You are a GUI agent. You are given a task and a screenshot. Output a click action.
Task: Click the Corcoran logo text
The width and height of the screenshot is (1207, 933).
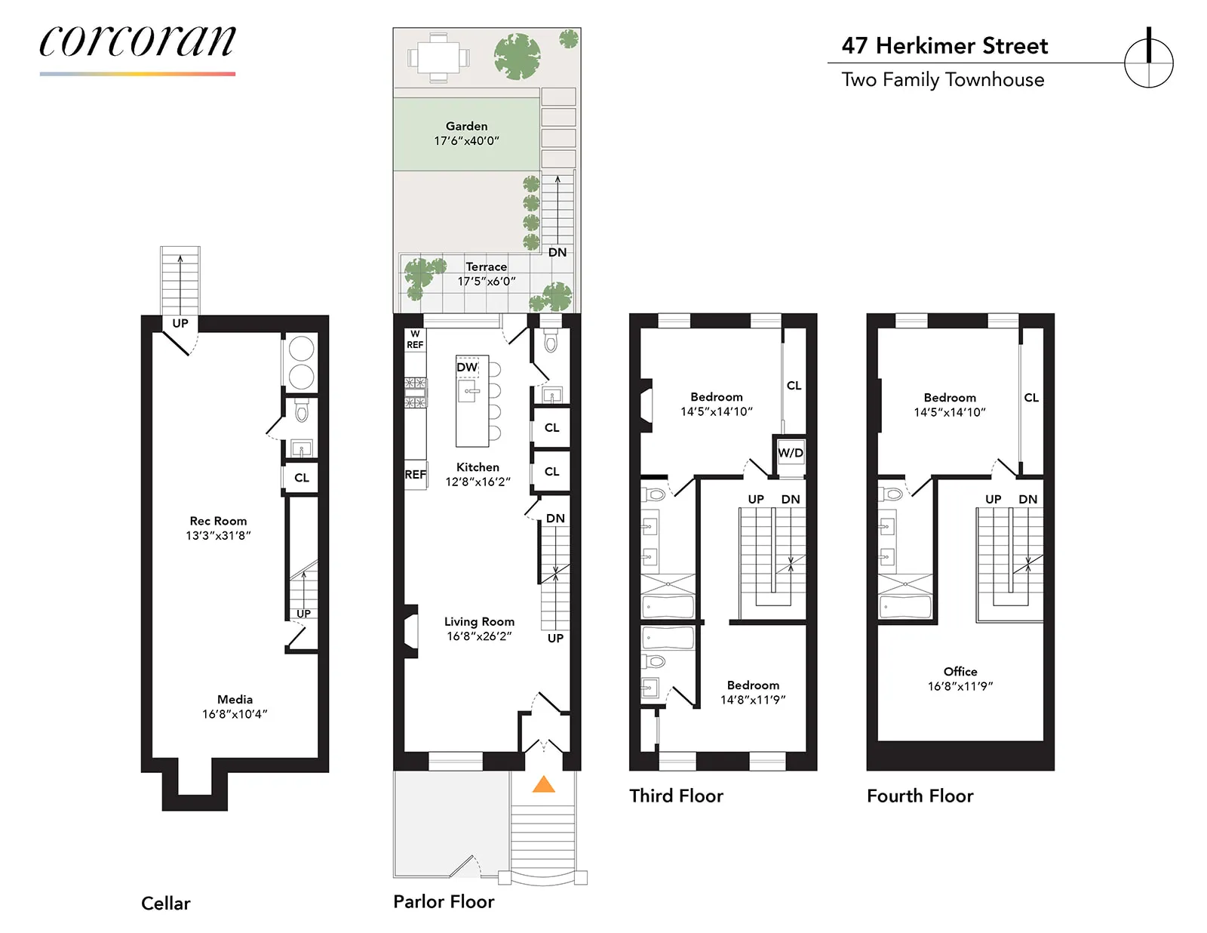[137, 42]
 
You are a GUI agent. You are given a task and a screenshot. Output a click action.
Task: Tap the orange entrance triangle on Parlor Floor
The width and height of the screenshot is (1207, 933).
[543, 785]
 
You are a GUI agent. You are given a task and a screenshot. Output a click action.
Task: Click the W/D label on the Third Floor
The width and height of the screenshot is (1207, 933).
[790, 453]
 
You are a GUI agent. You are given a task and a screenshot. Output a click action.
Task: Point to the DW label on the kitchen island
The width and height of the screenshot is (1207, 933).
[467, 368]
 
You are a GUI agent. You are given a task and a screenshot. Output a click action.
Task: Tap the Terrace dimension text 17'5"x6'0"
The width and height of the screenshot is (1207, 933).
[487, 282]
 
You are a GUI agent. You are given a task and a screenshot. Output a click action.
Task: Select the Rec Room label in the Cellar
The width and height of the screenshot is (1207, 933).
[218, 521]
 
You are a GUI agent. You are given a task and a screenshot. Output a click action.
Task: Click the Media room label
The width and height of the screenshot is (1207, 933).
[235, 700]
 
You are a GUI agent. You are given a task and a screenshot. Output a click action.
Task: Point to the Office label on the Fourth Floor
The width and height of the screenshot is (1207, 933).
[960, 672]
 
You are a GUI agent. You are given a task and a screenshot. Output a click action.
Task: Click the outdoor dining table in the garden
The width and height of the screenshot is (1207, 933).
[438, 57]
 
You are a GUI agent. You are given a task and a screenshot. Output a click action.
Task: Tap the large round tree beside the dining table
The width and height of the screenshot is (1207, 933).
[517, 57]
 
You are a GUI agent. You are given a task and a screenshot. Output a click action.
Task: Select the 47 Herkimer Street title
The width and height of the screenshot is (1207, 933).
[944, 46]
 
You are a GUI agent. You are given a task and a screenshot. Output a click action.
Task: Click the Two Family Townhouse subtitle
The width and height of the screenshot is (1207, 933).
[942, 80]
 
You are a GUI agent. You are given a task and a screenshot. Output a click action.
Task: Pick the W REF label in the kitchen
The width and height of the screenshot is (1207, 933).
[415, 340]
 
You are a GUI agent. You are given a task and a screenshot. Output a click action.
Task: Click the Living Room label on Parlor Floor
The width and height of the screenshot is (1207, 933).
[479, 622]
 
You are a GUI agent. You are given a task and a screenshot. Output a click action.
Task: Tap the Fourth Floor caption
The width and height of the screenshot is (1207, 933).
[920, 796]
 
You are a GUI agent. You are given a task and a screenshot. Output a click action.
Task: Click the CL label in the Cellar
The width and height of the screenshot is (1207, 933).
[302, 478]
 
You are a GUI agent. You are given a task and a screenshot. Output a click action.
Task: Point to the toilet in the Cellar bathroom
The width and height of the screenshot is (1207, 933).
[302, 411]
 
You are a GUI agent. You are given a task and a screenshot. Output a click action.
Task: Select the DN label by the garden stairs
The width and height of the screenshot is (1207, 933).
[557, 252]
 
